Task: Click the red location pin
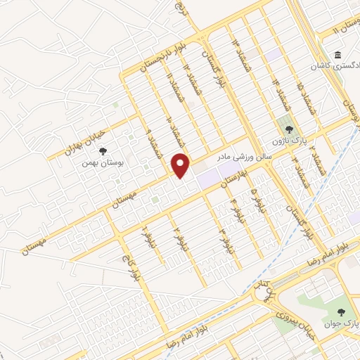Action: click(181, 165)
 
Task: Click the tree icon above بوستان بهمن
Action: click(103, 150)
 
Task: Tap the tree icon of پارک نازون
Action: click(288, 129)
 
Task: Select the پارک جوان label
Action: click(341, 324)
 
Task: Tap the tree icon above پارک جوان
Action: click(342, 311)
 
